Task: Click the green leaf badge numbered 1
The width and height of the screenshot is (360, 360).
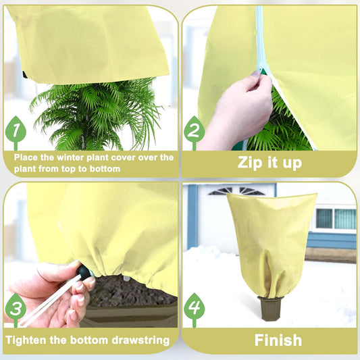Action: tap(16, 129)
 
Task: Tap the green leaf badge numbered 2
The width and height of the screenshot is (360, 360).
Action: tap(194, 128)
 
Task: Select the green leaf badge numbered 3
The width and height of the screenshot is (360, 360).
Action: tap(15, 306)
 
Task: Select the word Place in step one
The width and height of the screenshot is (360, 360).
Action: tap(26, 157)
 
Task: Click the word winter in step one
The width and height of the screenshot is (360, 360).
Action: tap(74, 157)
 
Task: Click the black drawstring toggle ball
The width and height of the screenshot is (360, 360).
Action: tap(83, 273)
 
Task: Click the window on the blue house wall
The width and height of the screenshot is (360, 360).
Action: tap(336, 218)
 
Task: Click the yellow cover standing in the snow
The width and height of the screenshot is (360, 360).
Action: tap(270, 243)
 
